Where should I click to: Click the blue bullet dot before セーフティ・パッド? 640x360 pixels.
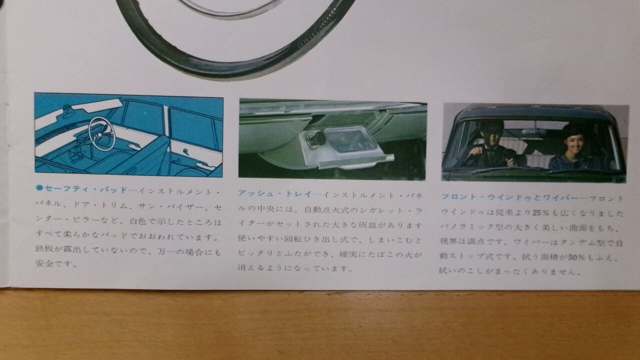(x=39, y=187)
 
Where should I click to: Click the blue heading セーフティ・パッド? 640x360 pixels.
(x=85, y=189)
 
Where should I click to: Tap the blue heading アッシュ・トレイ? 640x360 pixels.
(x=274, y=193)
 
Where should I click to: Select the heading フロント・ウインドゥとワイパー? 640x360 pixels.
(x=509, y=197)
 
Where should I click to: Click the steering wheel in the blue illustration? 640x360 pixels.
(x=101, y=133)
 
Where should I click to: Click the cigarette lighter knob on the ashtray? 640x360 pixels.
(x=315, y=139)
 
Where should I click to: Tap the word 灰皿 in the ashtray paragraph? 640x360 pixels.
(x=368, y=225)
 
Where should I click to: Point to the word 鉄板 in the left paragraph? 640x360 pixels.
(x=44, y=248)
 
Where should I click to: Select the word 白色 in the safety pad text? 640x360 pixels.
(x=138, y=221)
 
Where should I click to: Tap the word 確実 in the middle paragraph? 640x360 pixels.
(x=348, y=254)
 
